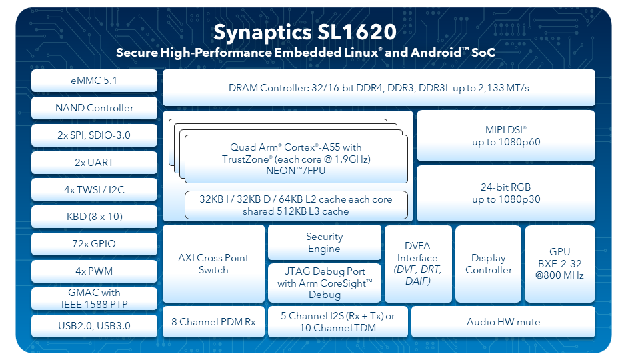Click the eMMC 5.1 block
tap(94, 81)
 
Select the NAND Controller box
tap(94, 108)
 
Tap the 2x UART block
tap(94, 163)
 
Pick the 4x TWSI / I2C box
tap(94, 189)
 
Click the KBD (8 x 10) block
tap(94, 216)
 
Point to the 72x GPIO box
tap(94, 244)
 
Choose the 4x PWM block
tap(94, 271)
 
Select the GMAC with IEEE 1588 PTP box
tap(94, 299)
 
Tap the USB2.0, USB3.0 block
tap(94, 326)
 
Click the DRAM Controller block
tap(379, 88)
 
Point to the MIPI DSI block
tap(506, 135)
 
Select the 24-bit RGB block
tap(506, 193)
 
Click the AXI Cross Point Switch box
tap(213, 264)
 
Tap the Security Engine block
tap(325, 243)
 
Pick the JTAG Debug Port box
tap(325, 283)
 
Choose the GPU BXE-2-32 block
tap(559, 264)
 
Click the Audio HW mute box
tap(503, 321)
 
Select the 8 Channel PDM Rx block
tap(213, 321)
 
